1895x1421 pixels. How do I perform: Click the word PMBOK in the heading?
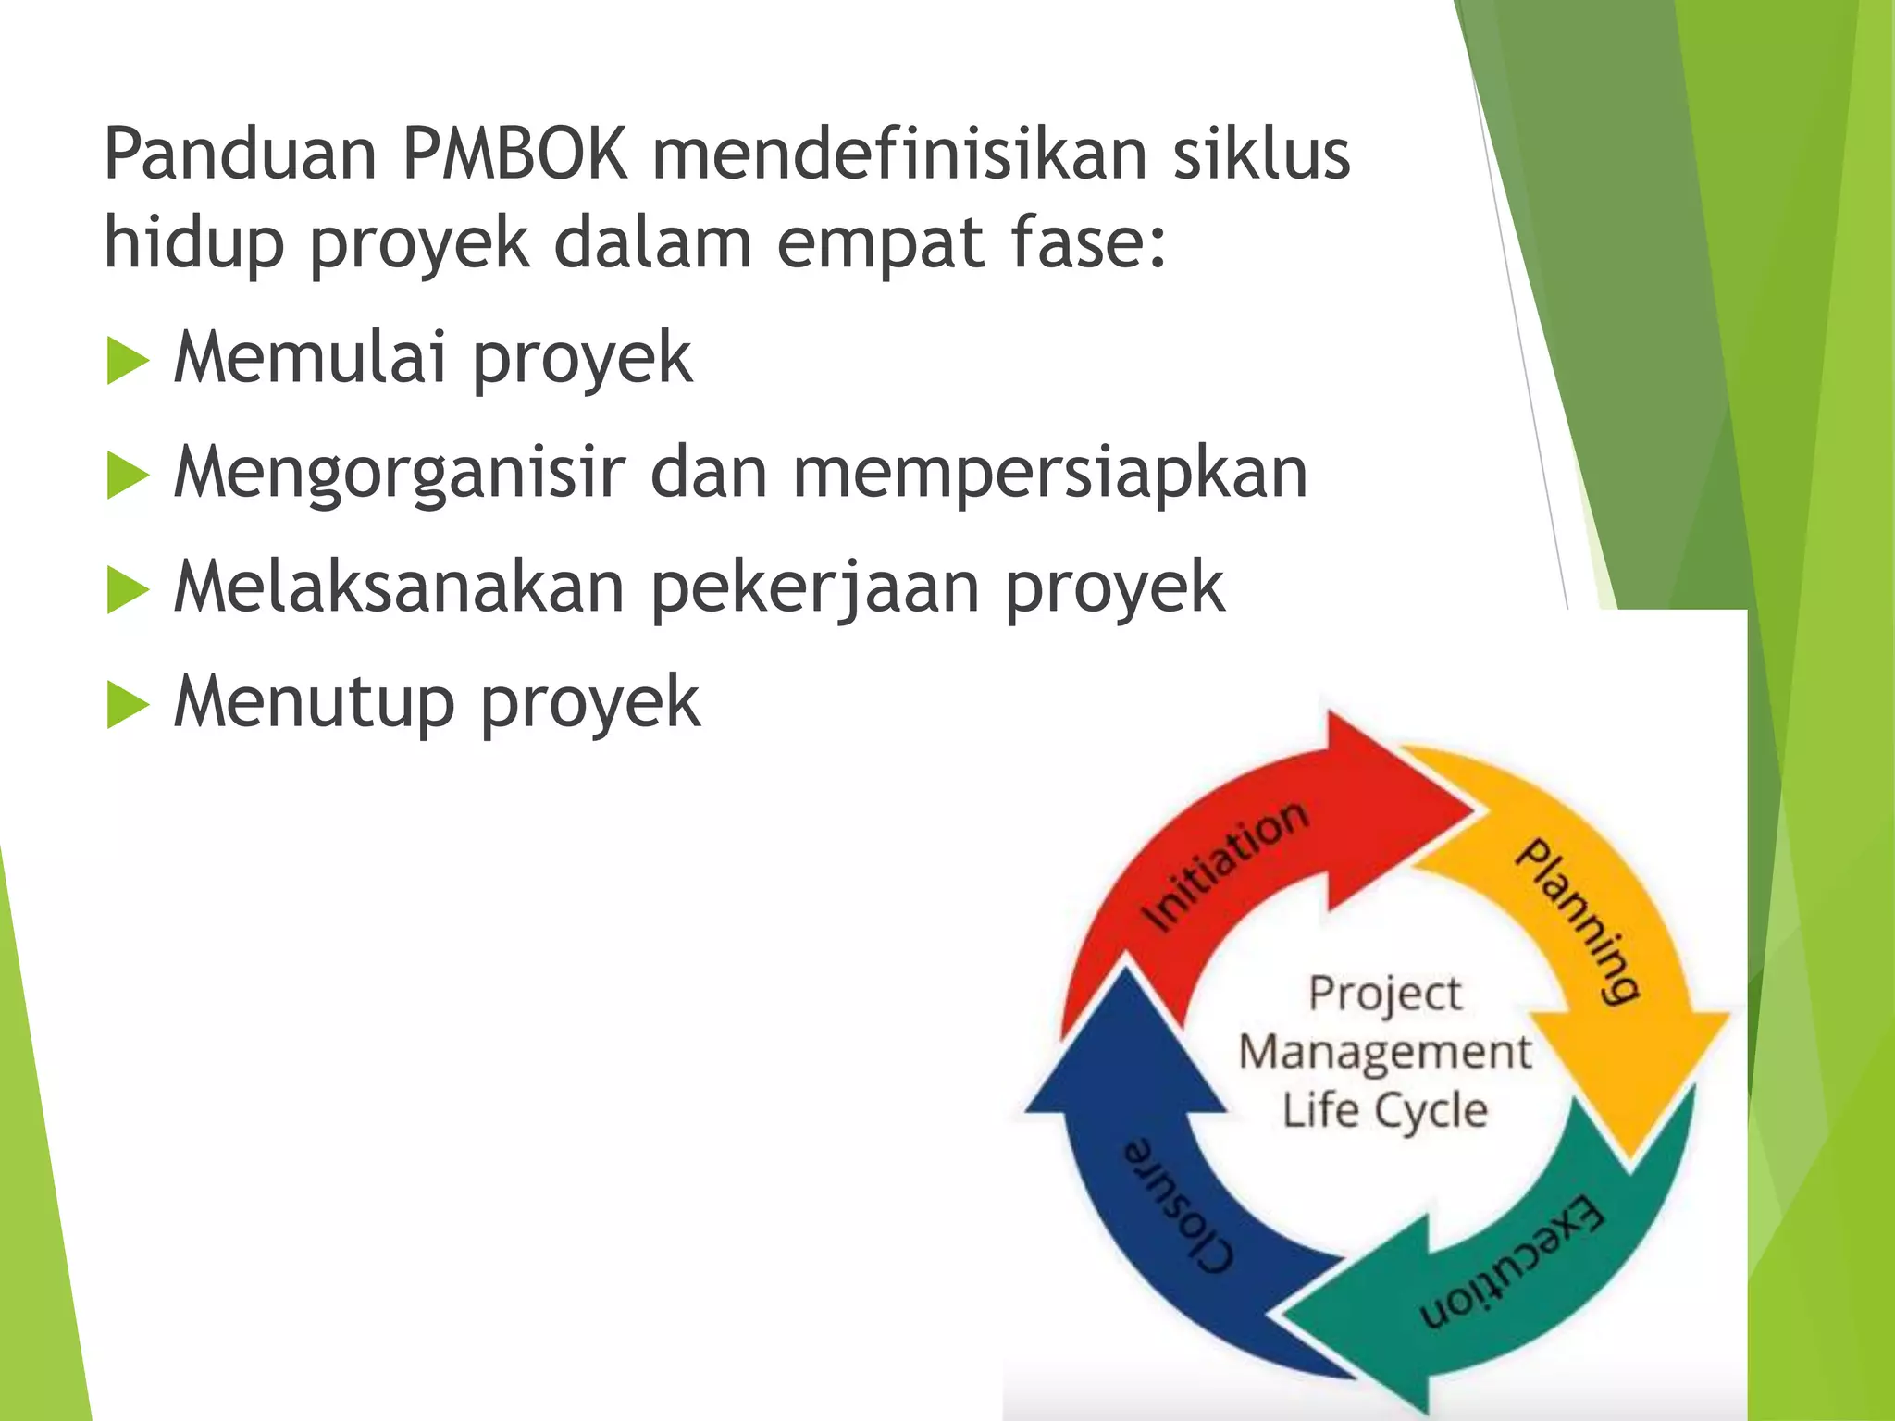click(x=514, y=153)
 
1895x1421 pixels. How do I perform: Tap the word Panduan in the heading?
click(x=240, y=153)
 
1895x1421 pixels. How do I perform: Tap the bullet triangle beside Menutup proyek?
click(x=128, y=706)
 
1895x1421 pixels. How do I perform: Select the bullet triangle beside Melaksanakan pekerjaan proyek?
click(x=128, y=590)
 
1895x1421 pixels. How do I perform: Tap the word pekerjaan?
click(x=815, y=589)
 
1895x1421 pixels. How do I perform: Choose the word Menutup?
click(x=314, y=704)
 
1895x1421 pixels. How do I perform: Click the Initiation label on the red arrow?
click(x=1225, y=866)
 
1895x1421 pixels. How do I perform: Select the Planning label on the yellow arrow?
click(x=1578, y=921)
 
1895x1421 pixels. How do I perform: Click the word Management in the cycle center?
click(x=1384, y=1053)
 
